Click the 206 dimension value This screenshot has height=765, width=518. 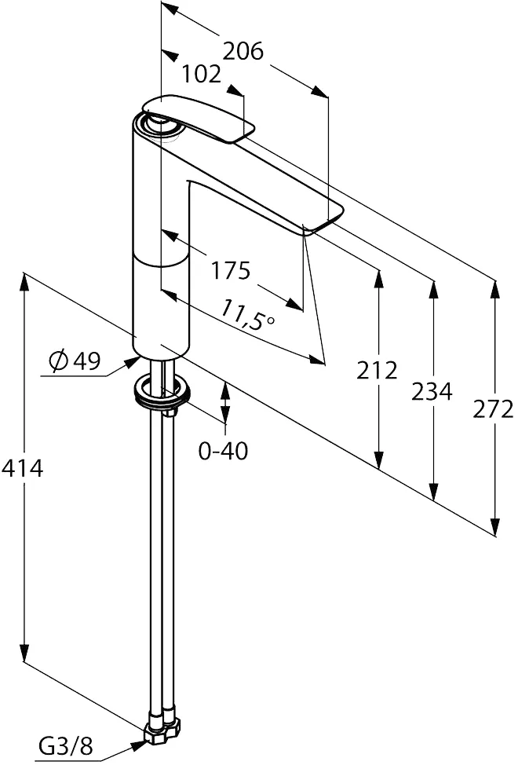(x=243, y=51)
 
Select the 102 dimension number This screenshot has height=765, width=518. (x=201, y=75)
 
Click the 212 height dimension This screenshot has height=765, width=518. (x=377, y=371)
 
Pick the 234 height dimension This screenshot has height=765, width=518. (x=432, y=391)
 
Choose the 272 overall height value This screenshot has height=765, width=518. (x=493, y=409)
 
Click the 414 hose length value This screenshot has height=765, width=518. (x=23, y=468)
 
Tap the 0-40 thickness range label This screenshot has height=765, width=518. (x=223, y=450)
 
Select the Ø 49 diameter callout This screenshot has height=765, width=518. (x=75, y=361)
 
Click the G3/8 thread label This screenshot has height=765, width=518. (x=66, y=746)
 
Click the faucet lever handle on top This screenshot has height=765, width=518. (x=199, y=118)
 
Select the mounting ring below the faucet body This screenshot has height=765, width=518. (x=161, y=391)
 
